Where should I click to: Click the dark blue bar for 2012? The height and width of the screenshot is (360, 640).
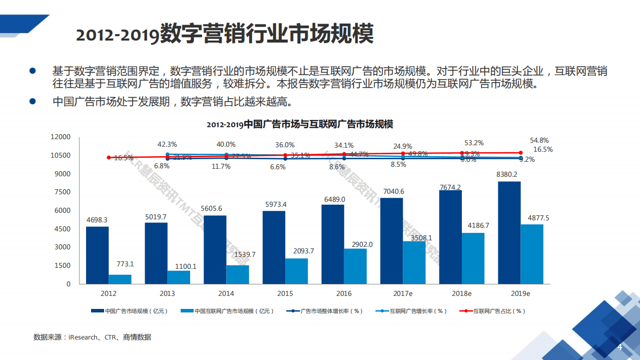point(97,255)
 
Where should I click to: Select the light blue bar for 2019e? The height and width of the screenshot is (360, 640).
point(531,254)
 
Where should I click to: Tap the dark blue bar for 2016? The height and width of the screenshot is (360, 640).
point(333,244)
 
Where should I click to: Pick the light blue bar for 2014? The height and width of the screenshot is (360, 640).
point(238,274)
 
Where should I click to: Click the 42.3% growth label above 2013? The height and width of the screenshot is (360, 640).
point(167,144)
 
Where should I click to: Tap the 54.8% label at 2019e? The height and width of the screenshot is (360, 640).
point(539,141)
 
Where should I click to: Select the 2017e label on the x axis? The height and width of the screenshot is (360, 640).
point(403,293)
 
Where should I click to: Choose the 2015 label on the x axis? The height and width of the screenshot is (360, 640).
point(285,293)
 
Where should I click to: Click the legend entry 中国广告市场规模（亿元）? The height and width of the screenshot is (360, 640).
point(130,311)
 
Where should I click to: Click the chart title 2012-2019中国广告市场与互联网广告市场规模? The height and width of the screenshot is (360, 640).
point(300,124)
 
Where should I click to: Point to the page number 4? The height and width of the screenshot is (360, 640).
point(619,347)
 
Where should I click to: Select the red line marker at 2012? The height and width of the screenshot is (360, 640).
point(109,157)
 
